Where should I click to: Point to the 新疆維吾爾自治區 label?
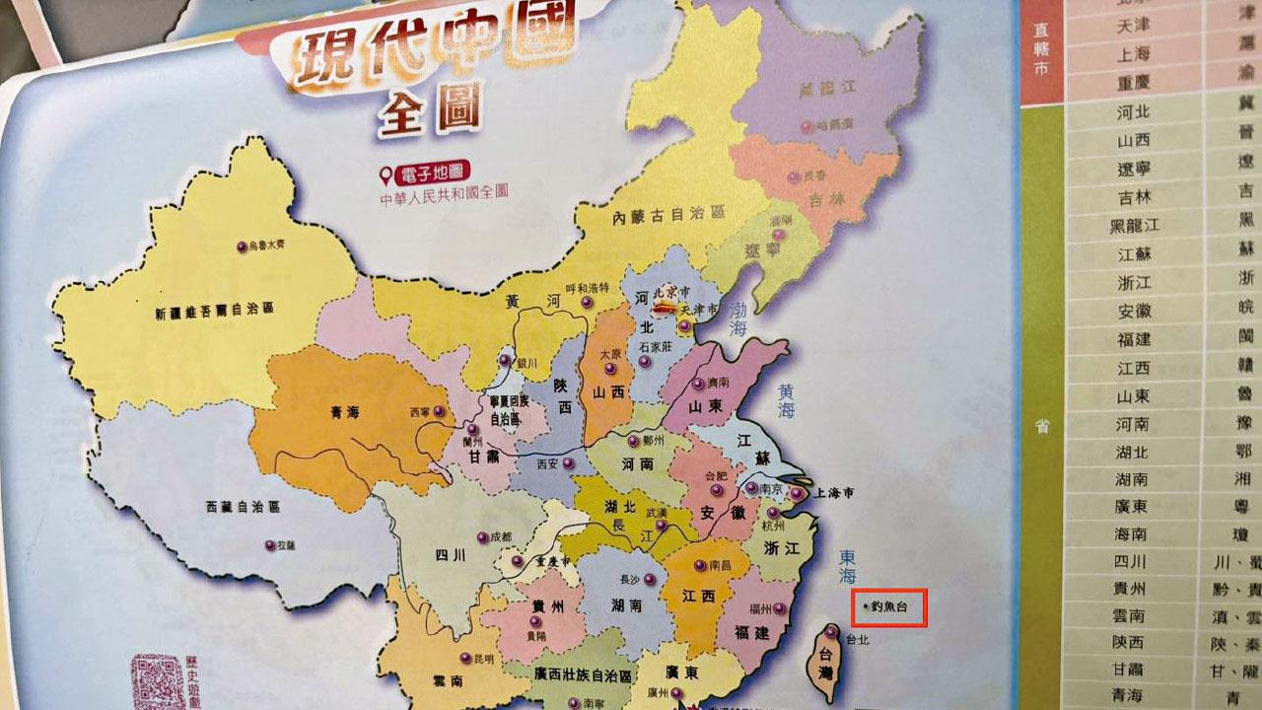point(214,309)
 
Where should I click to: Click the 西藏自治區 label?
point(243,507)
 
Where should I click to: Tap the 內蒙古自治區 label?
point(667,214)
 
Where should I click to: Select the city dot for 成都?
point(482,537)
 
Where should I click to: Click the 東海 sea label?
point(847,566)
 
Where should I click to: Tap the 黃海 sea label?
point(786,400)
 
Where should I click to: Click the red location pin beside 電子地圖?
point(386,176)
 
